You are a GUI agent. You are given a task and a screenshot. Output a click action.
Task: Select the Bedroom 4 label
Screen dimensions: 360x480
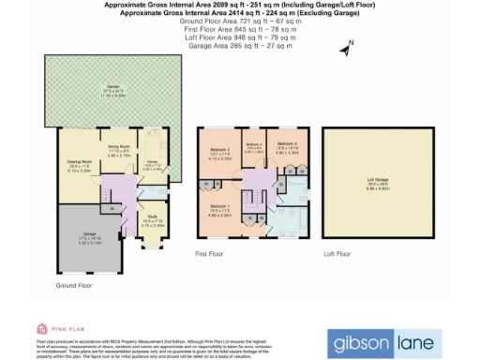click(x=253, y=147)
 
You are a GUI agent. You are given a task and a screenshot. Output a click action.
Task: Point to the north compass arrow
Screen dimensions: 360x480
click(x=347, y=46)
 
